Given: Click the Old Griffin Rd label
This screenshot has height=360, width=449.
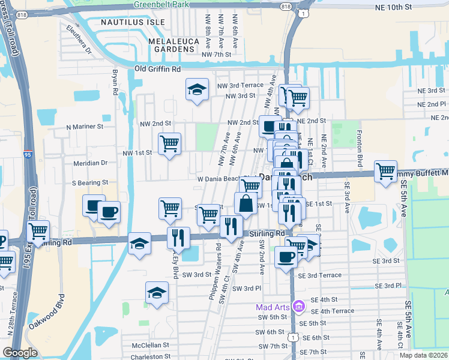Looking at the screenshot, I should (158, 70).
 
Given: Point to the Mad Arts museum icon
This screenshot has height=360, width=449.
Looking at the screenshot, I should (299, 308).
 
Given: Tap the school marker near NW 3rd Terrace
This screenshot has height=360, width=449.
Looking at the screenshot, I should (197, 91).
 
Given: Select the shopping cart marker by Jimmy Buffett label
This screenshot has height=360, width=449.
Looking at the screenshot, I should (385, 171).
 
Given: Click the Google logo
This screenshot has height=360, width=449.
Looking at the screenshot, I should (20, 353).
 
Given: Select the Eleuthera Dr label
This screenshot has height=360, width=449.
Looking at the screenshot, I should (79, 39).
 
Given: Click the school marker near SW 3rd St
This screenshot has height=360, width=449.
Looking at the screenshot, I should (157, 293).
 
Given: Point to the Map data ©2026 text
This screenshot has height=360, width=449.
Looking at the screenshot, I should (423, 355).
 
